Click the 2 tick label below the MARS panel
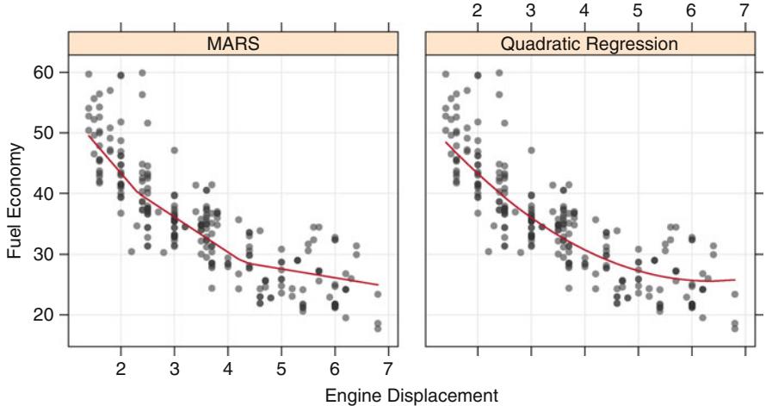[120, 368]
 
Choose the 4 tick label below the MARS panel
[227, 368]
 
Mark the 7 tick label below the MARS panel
[387, 368]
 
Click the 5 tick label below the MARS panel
[281, 368]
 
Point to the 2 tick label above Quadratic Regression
[478, 11]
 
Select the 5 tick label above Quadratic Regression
[638, 11]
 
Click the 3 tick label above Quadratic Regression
[531, 11]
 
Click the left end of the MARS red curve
[89, 134]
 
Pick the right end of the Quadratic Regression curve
[735, 279]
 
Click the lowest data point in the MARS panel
[378, 328]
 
